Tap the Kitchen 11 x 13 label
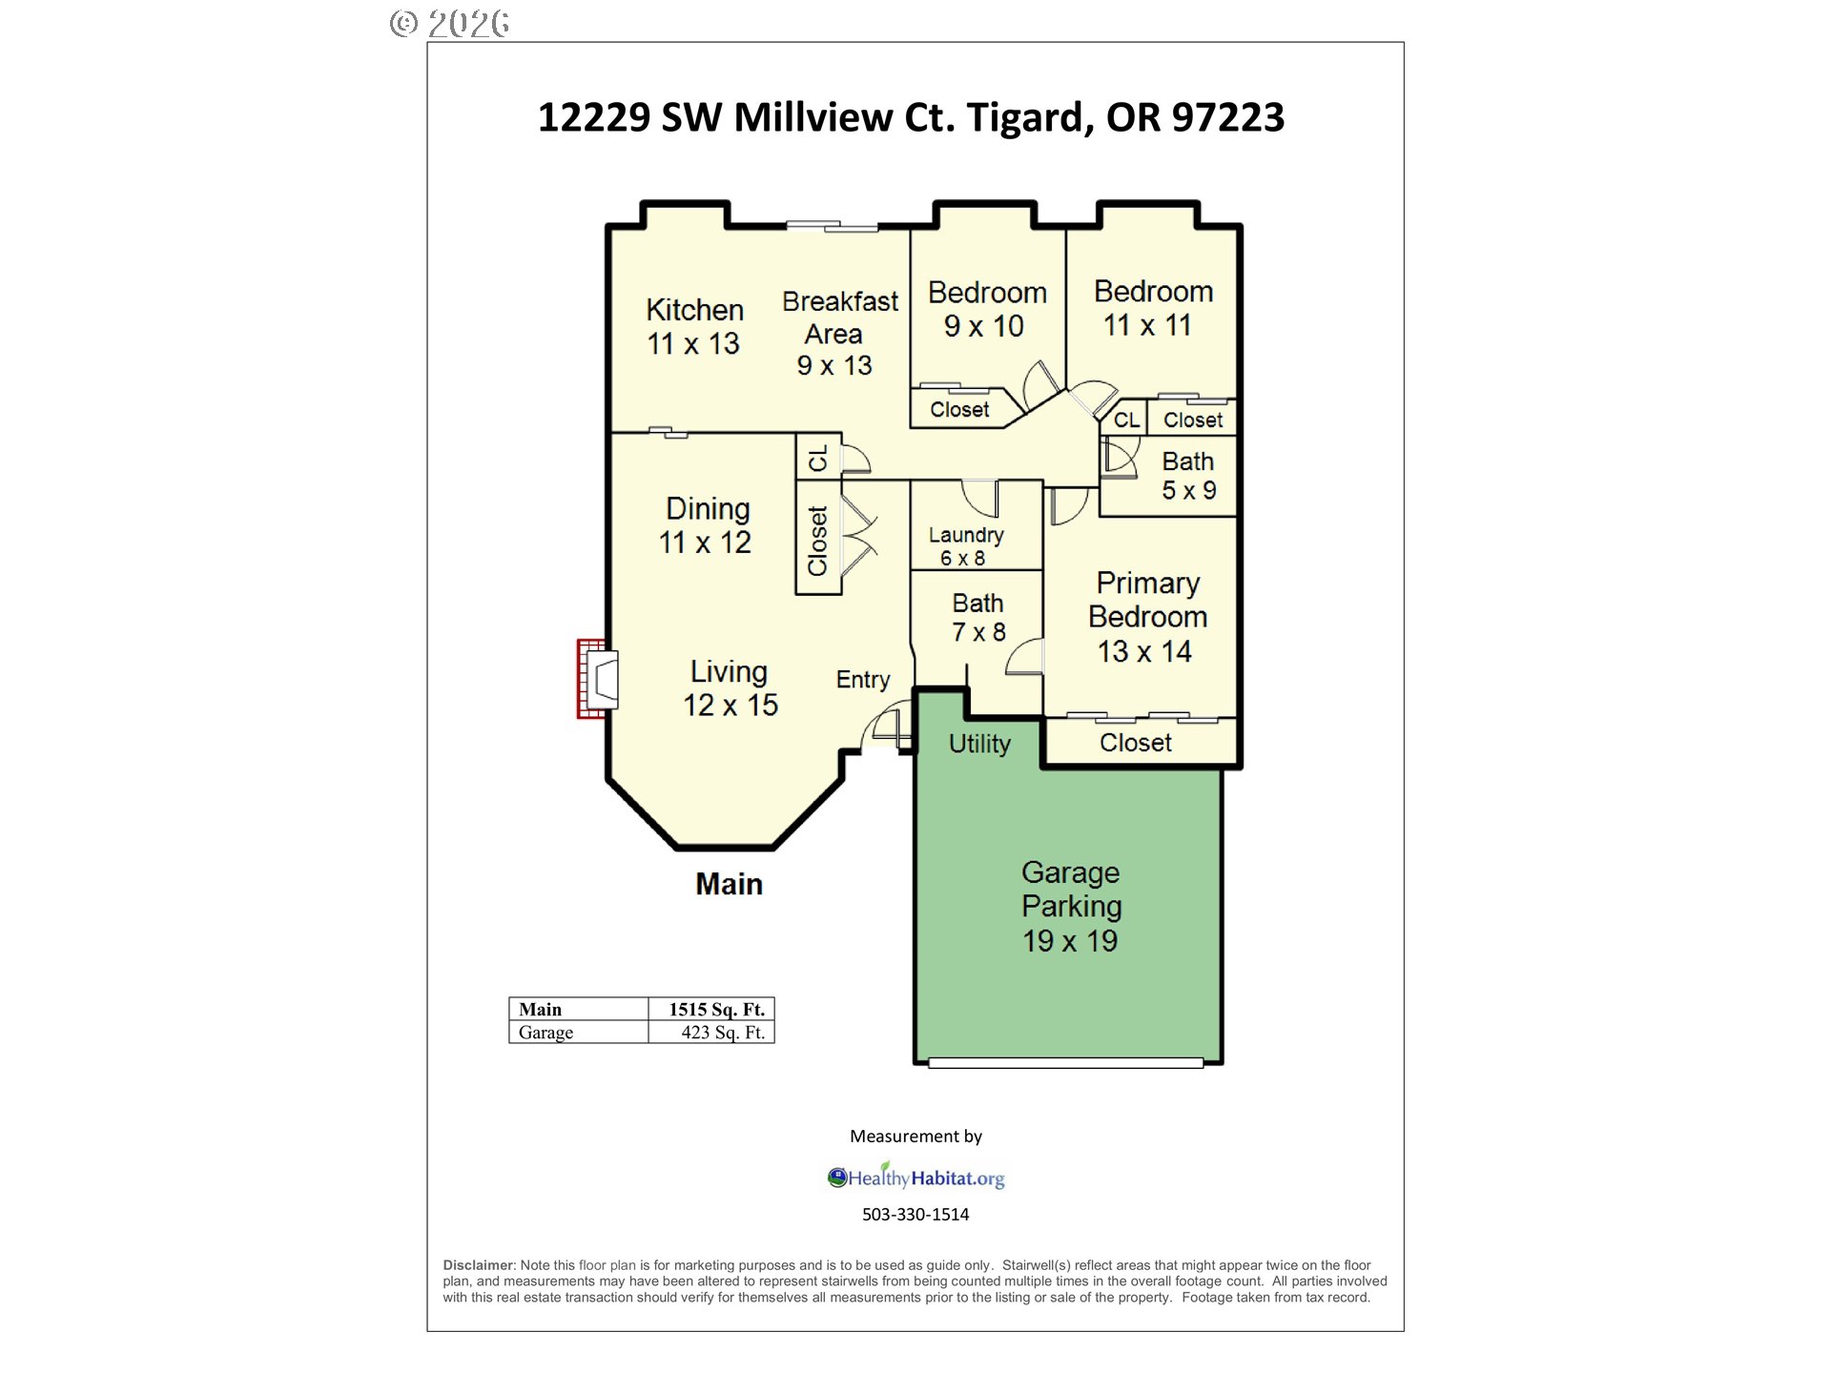(x=694, y=326)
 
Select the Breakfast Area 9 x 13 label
(x=838, y=333)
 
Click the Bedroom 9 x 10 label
(x=986, y=309)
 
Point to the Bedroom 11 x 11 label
(x=1152, y=308)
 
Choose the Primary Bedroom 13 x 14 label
(x=1147, y=617)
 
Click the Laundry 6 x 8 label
(x=965, y=546)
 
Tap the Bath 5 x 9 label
(x=1187, y=476)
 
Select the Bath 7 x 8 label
(x=977, y=618)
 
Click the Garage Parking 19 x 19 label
(x=1070, y=906)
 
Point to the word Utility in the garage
(x=979, y=744)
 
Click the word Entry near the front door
(x=862, y=680)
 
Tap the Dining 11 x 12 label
(x=707, y=525)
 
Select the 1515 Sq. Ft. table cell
(x=715, y=1009)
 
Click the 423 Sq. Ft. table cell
(x=722, y=1033)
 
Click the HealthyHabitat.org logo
(x=915, y=1178)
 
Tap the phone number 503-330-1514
(x=915, y=1215)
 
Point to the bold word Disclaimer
(x=478, y=1265)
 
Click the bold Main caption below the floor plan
(x=729, y=884)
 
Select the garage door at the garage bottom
(x=1065, y=1063)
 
